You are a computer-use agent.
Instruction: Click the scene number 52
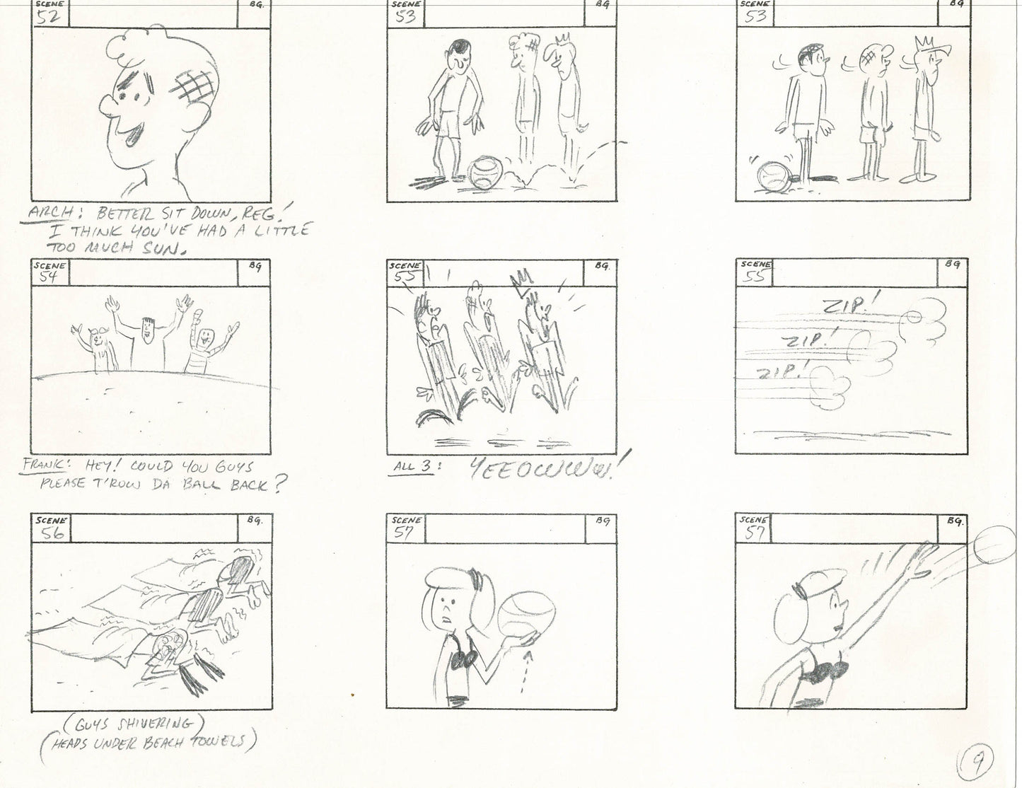click(x=47, y=18)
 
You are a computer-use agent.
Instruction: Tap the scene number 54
click(x=47, y=276)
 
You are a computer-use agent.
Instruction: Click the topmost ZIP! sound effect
click(x=849, y=306)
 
